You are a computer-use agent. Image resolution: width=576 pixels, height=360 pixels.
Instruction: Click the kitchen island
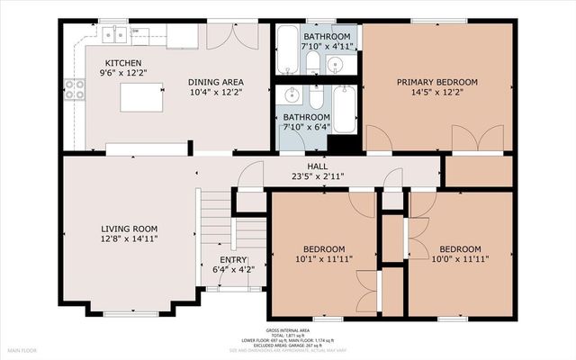[141, 96]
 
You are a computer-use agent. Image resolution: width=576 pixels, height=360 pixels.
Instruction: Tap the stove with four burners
[74, 88]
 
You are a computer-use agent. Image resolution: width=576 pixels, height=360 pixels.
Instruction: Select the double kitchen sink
[113, 35]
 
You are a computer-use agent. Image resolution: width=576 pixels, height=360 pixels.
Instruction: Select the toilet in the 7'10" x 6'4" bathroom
[317, 100]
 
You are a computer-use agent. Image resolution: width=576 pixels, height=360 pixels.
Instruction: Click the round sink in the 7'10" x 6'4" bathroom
[292, 94]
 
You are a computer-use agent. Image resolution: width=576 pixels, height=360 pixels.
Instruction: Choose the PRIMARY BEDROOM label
[437, 82]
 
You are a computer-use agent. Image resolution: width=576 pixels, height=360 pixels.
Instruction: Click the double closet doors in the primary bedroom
[477, 139]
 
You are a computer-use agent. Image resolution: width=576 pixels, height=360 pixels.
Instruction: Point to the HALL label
[317, 166]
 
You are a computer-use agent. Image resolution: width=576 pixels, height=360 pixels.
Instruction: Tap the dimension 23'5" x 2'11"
[317, 177]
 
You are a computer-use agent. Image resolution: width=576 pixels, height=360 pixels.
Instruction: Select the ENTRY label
[222, 257]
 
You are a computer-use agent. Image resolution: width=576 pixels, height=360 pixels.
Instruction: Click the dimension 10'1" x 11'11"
[323, 260]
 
